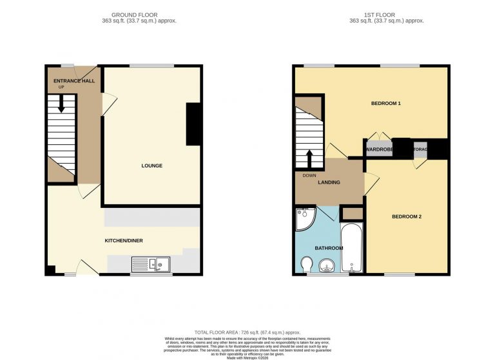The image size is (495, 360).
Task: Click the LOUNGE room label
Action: point(152,166)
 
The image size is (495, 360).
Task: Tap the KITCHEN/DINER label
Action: point(124,241)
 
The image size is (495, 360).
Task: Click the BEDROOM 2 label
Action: point(407,216)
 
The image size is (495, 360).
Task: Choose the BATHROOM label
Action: point(328,247)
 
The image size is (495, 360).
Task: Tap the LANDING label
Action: point(329,182)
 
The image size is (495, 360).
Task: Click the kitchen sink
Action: point(150,263)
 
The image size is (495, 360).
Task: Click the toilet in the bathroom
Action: point(307,263)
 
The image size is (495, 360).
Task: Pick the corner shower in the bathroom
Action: point(304,220)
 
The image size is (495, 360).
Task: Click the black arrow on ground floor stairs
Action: point(62,104)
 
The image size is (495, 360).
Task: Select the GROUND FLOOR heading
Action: point(134,14)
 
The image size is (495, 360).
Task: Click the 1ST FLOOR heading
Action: point(371,14)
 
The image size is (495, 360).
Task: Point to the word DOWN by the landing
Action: point(309,175)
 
